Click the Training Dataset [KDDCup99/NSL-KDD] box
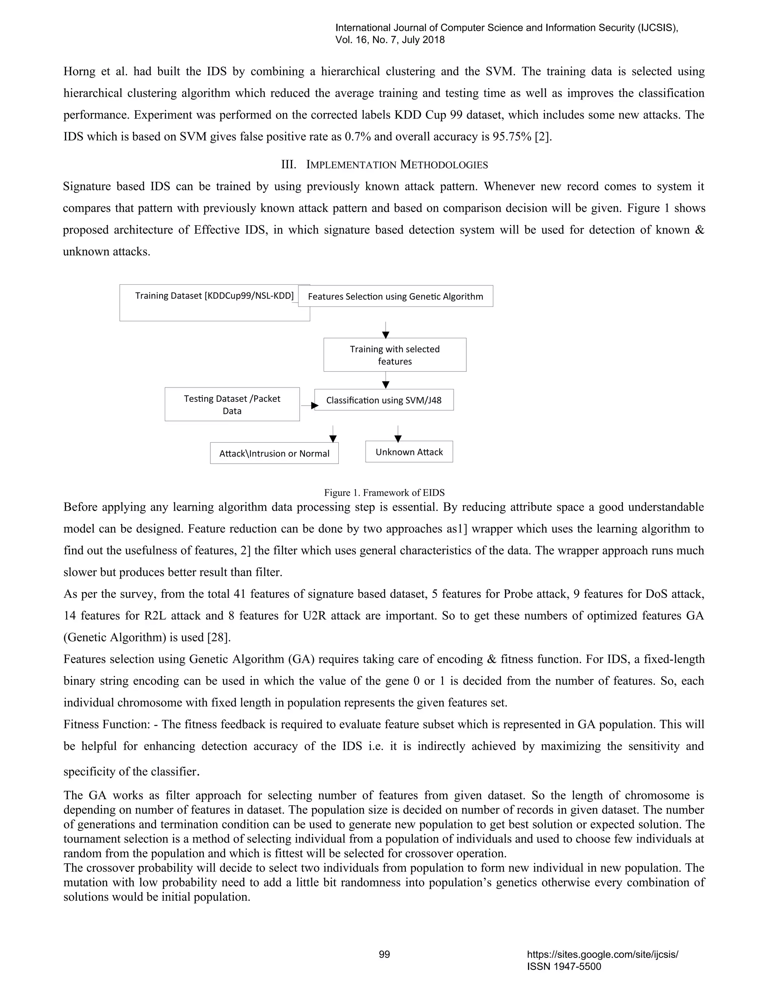(214, 303)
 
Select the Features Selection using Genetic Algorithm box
(395, 296)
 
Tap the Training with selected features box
(395, 355)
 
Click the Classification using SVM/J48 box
(384, 400)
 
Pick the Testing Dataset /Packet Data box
(232, 404)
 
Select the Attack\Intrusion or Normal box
(274, 453)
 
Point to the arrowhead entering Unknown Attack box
(398, 439)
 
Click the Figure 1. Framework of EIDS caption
(384, 493)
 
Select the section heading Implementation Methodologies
(384, 164)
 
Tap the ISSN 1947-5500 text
(564, 966)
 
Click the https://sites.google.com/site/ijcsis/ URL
(602, 954)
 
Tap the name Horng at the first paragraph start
(79, 71)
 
